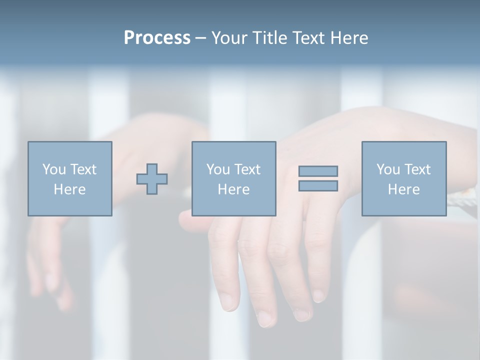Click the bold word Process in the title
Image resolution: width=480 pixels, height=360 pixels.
coord(157,38)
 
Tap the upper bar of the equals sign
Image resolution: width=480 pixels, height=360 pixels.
coord(318,171)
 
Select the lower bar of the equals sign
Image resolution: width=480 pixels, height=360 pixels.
coord(318,186)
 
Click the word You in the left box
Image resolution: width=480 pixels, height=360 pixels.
coord(54,169)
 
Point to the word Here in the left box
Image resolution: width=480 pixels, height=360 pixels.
coord(69,189)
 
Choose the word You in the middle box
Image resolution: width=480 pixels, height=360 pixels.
coord(218,169)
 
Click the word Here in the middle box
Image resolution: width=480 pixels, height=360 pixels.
coord(233,189)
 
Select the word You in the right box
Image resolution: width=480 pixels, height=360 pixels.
coord(388,169)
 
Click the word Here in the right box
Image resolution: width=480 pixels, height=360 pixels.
coord(403,189)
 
